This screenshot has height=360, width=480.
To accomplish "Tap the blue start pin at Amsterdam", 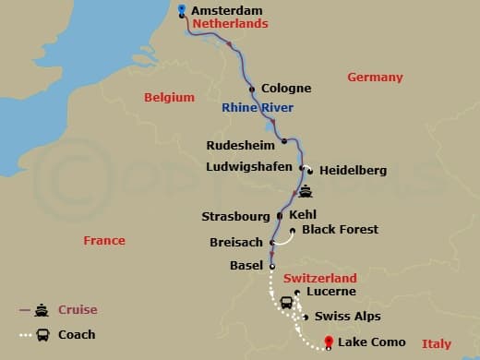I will coord(181,8).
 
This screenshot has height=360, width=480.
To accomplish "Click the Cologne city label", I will coord(286,89).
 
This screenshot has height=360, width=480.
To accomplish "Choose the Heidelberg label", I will coord(353,171).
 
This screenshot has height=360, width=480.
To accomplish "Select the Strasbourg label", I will coord(235,217).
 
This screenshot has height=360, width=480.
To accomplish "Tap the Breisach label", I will coord(237,244).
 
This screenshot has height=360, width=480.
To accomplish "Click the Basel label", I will coord(246,266).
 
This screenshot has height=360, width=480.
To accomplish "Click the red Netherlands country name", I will coord(230,24).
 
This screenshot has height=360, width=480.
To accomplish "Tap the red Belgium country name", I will coord(169,97).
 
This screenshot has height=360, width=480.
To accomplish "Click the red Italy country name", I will coord(437,344).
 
